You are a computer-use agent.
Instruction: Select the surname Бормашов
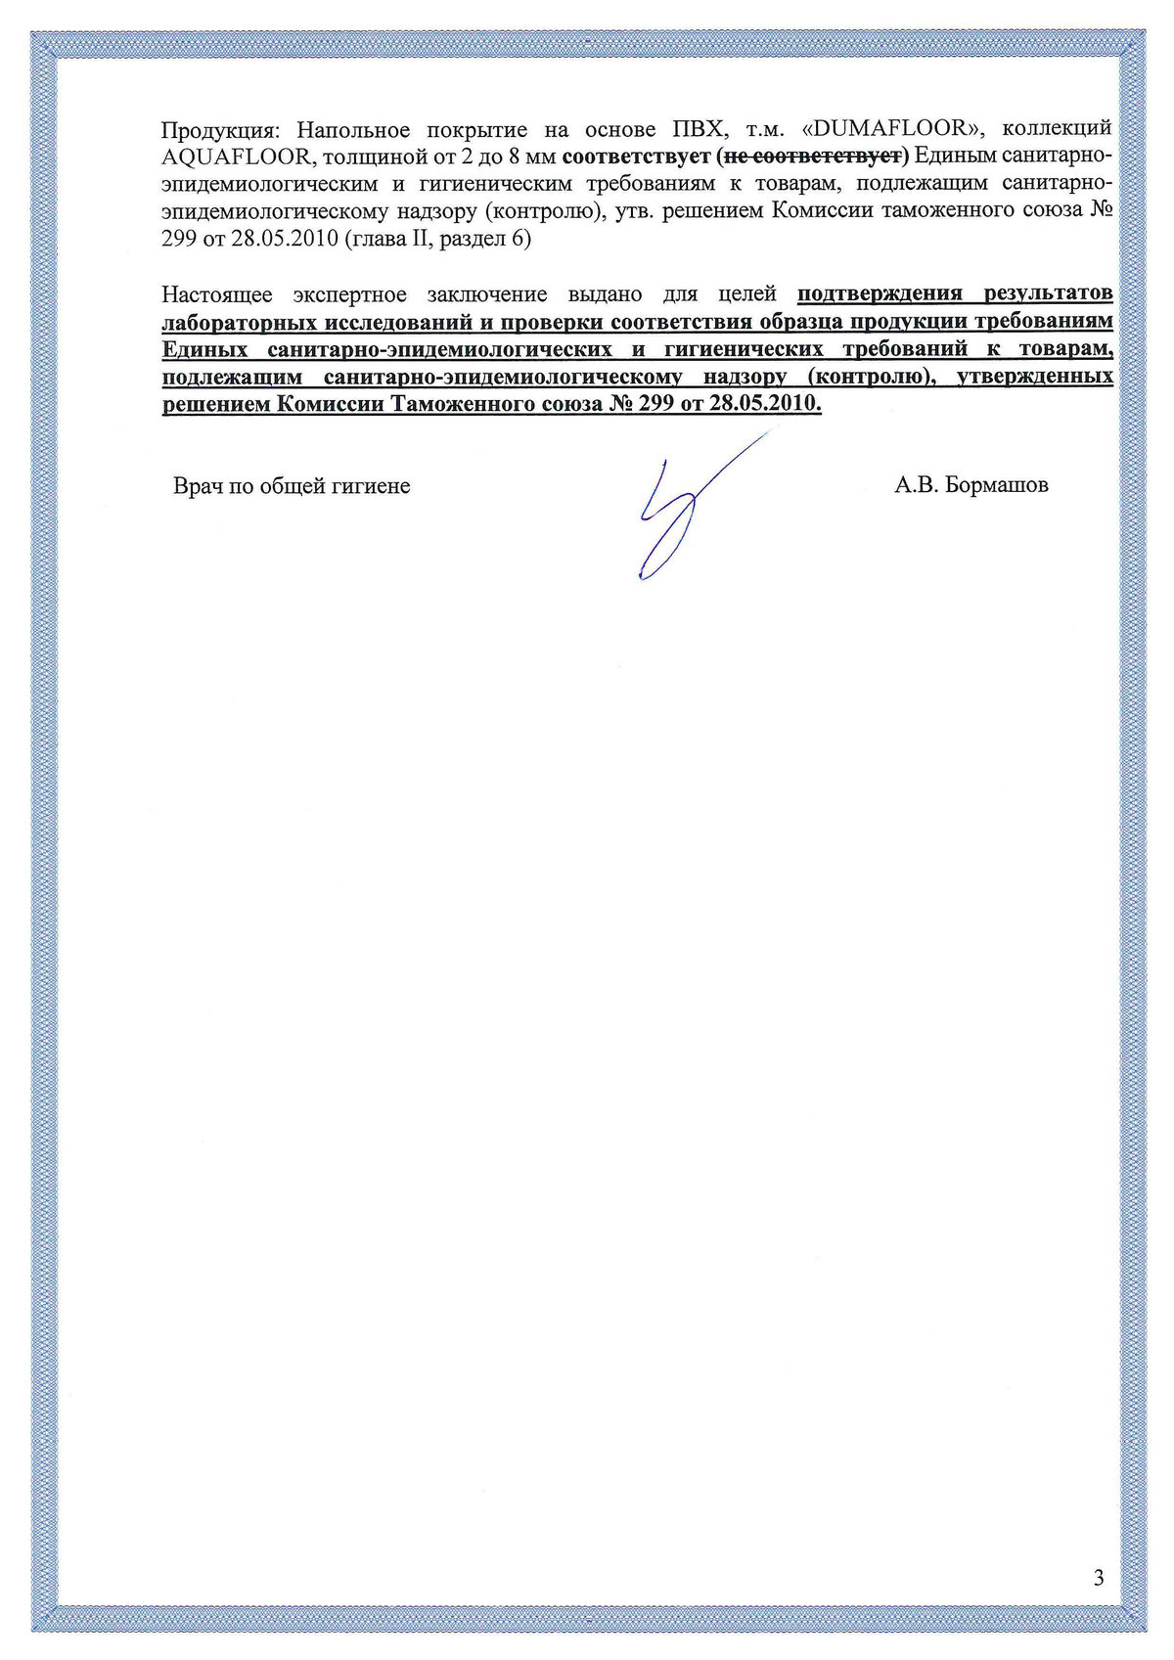click(x=998, y=485)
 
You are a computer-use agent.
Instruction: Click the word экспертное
click(x=349, y=294)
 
